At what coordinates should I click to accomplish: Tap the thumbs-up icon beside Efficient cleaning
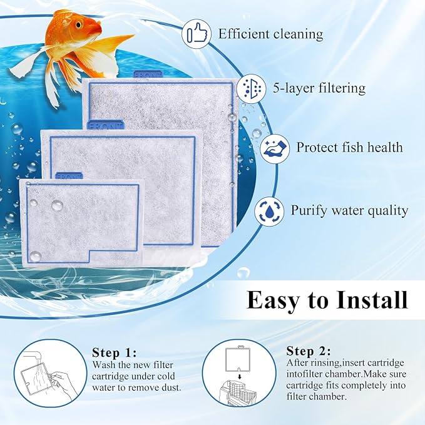pos(197,34)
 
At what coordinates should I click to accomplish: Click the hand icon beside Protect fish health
pos(274,148)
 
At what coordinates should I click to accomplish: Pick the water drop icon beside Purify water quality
pos(269,210)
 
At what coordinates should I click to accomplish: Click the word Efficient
pos(243,34)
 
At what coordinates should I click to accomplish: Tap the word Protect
pos(319,148)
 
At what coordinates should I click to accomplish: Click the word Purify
pos(310,210)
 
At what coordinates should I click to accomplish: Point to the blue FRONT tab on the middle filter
pos(106,125)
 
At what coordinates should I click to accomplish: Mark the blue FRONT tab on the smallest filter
pos(69,177)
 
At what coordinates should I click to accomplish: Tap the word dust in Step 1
pos(169,387)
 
